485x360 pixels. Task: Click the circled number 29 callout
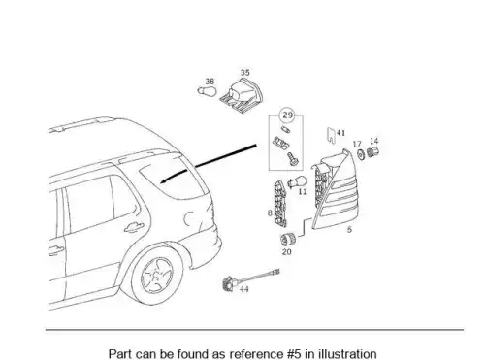287,115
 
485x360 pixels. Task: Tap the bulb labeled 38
207,91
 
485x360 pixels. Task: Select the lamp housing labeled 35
242,95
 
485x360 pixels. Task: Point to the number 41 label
340,133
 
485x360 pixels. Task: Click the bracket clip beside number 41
331,136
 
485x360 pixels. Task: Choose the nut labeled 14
372,151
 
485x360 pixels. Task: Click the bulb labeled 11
298,180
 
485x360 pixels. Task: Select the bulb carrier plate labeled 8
279,204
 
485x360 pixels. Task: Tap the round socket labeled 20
287,240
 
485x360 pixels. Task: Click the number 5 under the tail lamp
349,230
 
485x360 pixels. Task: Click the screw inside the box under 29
293,158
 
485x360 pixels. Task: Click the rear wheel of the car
157,274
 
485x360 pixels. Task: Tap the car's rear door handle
133,228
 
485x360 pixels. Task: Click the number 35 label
245,73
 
